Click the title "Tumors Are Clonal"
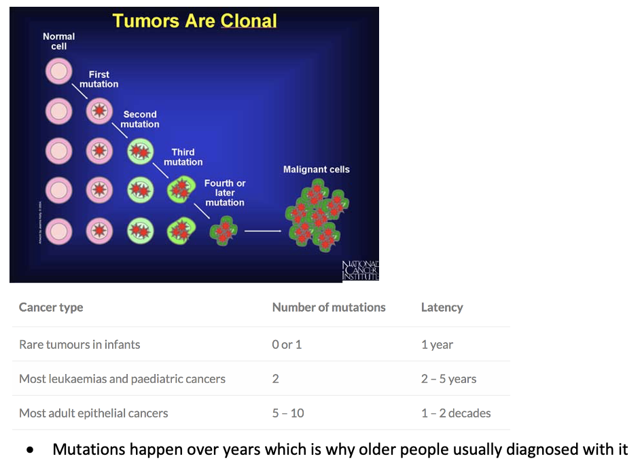pyautogui.click(x=195, y=21)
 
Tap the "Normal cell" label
pyautogui.click(x=59, y=41)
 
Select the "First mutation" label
pyautogui.click(x=99, y=79)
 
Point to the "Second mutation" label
pyautogui.click(x=140, y=119)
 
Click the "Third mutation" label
pyautogui.click(x=183, y=157)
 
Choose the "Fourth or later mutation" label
pyautogui.click(x=225, y=193)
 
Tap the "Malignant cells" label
pyautogui.click(x=316, y=169)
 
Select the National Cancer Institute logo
pyautogui.click(x=360, y=270)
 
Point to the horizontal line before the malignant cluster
pyautogui.click(x=262, y=231)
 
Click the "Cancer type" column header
pyautogui.click(x=51, y=307)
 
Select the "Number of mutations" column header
pyautogui.click(x=329, y=307)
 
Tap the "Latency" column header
pyautogui.click(x=442, y=307)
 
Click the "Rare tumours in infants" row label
pyautogui.click(x=79, y=344)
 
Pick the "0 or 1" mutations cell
pyautogui.click(x=287, y=344)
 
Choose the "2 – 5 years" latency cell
pyautogui.click(x=448, y=379)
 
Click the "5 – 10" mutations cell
pyautogui.click(x=288, y=413)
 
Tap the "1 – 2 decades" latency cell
pyautogui.click(x=456, y=413)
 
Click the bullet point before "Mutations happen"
pyautogui.click(x=30, y=450)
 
